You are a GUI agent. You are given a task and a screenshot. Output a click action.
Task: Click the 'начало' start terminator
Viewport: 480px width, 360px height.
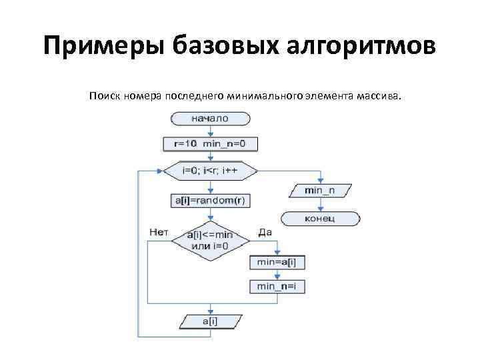pyautogui.click(x=210, y=119)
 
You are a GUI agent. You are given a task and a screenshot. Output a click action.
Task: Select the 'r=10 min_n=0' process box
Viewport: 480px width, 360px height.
pyautogui.click(x=210, y=144)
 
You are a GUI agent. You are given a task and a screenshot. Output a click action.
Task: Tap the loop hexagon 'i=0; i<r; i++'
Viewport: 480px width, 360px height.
pyautogui.click(x=210, y=170)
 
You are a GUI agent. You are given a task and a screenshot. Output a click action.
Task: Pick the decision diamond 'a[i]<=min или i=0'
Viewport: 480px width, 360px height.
pyautogui.click(x=210, y=240)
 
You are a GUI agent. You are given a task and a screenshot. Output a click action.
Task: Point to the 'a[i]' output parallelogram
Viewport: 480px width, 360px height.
pyautogui.click(x=210, y=321)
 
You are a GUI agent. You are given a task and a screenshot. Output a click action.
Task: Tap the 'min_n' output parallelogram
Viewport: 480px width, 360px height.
pyautogui.click(x=320, y=192)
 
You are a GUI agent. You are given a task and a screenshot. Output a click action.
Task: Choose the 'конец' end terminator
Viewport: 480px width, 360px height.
pyautogui.click(x=320, y=217)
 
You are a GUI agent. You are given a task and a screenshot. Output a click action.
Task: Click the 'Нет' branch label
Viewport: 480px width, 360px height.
pyautogui.click(x=159, y=232)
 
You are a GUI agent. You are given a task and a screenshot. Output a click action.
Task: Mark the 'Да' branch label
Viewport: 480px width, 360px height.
pyautogui.click(x=265, y=232)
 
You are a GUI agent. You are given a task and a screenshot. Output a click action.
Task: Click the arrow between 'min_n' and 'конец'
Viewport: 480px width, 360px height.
pyautogui.click(x=320, y=205)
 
